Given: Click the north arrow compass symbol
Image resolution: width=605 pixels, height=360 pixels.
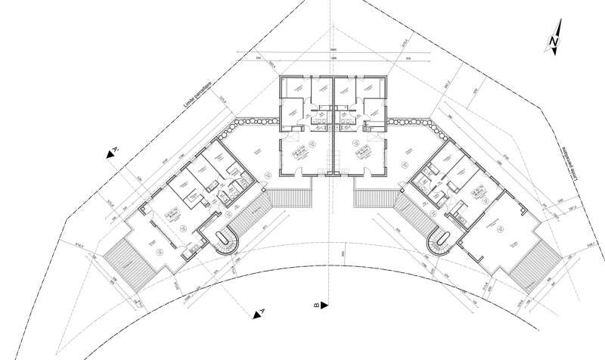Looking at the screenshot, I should (x=553, y=42).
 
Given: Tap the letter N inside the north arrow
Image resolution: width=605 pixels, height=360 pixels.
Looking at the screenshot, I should (x=554, y=39).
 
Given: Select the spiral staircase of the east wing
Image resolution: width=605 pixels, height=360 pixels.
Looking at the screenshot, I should (x=439, y=244).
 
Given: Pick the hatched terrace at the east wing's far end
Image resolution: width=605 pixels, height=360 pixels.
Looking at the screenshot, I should (x=535, y=262).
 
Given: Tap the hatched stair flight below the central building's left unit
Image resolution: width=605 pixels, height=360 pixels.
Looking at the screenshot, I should (x=291, y=198).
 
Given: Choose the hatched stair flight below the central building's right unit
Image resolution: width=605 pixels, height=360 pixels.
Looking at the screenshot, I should (x=373, y=200).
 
